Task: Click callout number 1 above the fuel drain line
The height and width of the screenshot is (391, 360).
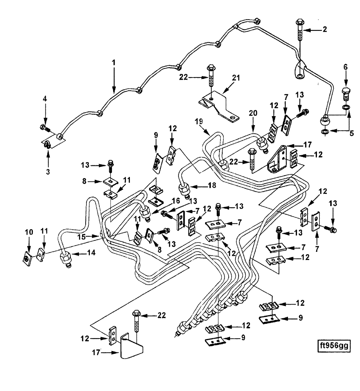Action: point(114,63)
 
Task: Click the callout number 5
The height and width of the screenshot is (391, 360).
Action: point(351,133)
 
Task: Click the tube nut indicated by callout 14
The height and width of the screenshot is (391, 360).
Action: point(64,258)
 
